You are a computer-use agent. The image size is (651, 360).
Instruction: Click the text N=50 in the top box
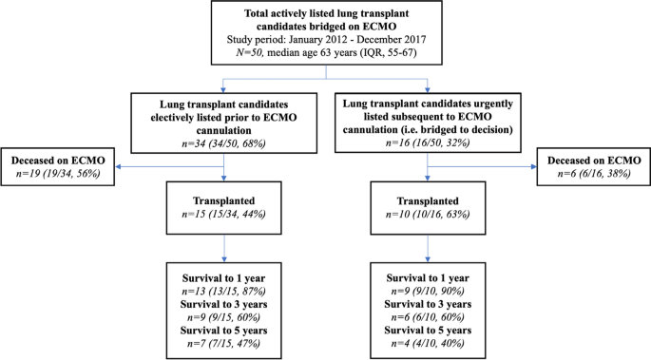tap(250, 52)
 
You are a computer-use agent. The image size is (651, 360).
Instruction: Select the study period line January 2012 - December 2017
tap(326, 39)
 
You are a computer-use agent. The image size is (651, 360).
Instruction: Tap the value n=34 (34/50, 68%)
tap(223, 143)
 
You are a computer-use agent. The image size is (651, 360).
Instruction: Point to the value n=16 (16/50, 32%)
tap(428, 142)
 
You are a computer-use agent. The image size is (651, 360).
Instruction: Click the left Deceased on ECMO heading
tap(58, 161)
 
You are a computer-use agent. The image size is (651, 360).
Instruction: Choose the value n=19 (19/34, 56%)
tap(58, 174)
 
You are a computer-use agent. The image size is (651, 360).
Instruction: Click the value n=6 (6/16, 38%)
tap(594, 174)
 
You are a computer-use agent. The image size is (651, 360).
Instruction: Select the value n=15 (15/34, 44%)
tap(223, 214)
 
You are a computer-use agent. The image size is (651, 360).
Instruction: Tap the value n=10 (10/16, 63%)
tap(428, 214)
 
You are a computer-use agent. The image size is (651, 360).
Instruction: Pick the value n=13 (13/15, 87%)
tap(223, 292)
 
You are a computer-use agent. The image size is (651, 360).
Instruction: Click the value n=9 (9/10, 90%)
tap(428, 292)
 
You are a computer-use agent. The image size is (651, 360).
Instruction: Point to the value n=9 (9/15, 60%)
tap(223, 317)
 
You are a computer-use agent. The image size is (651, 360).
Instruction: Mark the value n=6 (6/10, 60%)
tap(428, 317)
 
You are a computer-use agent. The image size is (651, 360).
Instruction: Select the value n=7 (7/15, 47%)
tap(223, 344)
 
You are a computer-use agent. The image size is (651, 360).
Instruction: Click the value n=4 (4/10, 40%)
tap(428, 344)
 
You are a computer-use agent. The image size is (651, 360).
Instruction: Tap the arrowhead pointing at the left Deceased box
tap(118, 167)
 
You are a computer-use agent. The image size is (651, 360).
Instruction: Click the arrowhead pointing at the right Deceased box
tap(533, 167)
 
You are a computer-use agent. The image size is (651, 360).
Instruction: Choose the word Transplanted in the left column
tap(223, 201)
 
